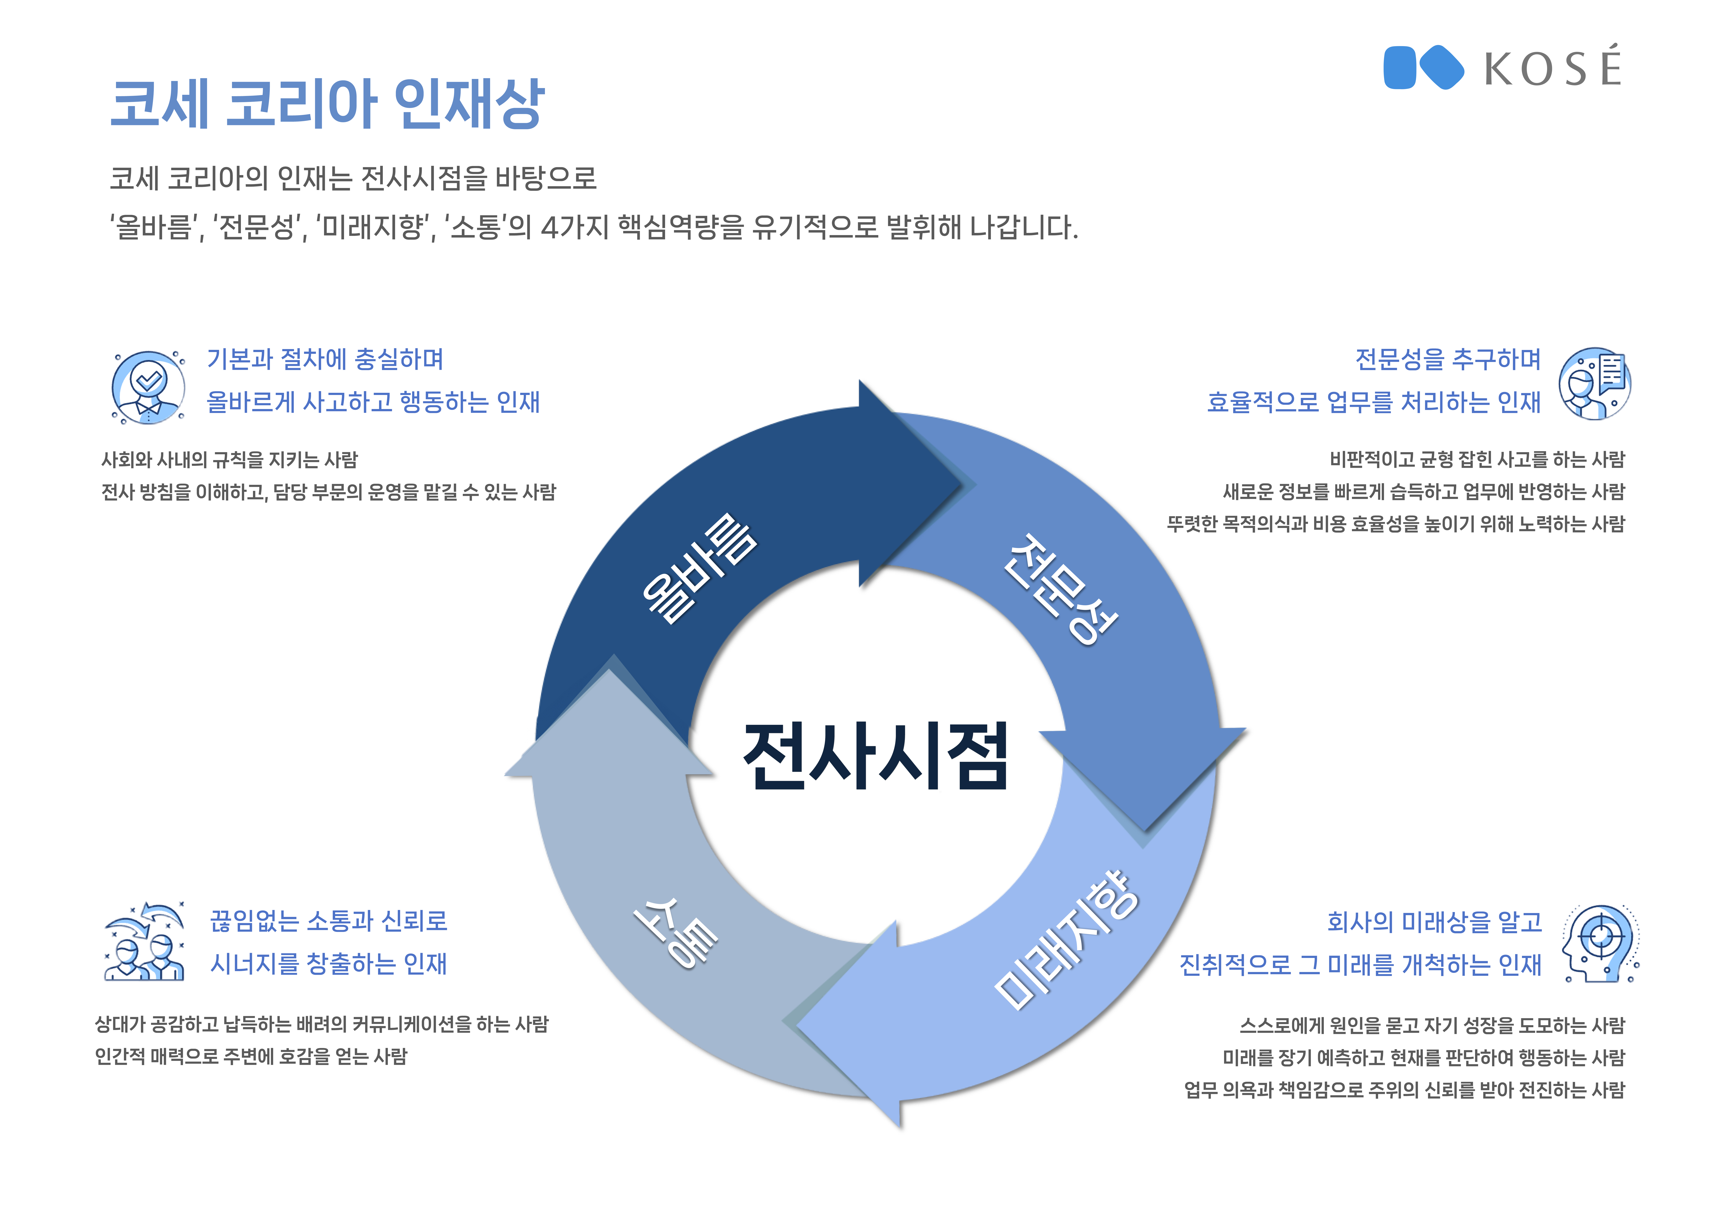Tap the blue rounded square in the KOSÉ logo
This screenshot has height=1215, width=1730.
coord(1400,68)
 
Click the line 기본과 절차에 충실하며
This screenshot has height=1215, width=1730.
coord(325,359)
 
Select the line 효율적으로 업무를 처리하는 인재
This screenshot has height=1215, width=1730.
coord(1374,402)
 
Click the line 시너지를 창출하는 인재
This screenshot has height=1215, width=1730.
coord(329,963)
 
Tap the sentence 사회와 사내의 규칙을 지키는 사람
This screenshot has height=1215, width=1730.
coord(230,459)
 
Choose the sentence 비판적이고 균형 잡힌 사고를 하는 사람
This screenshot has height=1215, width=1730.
coord(1477,459)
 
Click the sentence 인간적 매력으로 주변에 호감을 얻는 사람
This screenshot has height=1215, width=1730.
coord(251,1056)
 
